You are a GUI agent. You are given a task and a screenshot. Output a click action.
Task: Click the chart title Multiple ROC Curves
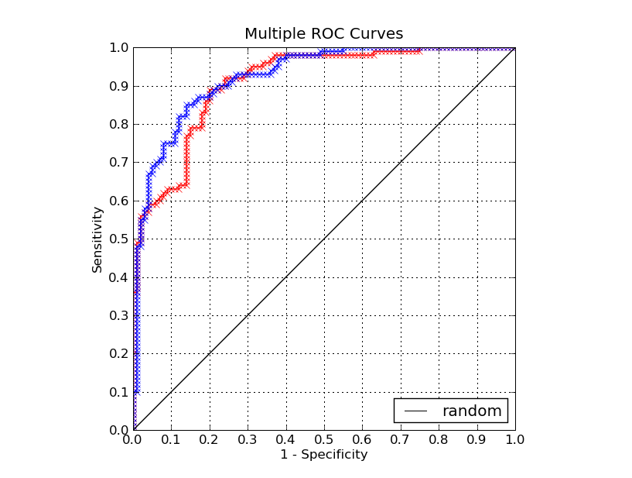pos(323,34)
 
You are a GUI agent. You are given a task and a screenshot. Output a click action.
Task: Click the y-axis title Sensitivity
pos(97,239)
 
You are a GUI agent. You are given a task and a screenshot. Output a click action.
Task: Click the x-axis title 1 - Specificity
pos(323,455)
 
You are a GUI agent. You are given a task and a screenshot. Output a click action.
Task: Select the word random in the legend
pos(471,411)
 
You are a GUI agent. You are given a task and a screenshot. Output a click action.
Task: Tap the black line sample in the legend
pos(416,411)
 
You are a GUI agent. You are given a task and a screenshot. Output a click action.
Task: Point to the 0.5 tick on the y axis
pos(120,239)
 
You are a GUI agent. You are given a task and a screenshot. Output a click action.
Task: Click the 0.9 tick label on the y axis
pos(120,86)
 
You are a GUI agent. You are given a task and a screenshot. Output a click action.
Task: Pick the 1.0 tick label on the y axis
pos(120,48)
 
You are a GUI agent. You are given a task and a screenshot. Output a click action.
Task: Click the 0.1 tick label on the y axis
pos(120,392)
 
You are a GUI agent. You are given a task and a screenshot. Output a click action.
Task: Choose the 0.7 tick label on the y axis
pos(120,163)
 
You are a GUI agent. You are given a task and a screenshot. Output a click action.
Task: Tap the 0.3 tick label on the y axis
pos(120,315)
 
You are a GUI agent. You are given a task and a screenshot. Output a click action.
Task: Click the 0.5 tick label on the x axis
pos(324,440)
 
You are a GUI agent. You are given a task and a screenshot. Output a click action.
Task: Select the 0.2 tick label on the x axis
pos(210,440)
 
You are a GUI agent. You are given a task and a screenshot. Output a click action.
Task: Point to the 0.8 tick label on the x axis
pos(439,440)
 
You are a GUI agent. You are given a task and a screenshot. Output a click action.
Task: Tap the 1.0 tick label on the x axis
pos(514,440)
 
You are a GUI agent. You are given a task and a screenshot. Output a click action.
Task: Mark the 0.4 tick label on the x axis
pos(286,440)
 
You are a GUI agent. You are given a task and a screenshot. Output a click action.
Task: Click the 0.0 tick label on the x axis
pos(134,440)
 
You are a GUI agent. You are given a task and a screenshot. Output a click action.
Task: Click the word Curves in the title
pos(380,34)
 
